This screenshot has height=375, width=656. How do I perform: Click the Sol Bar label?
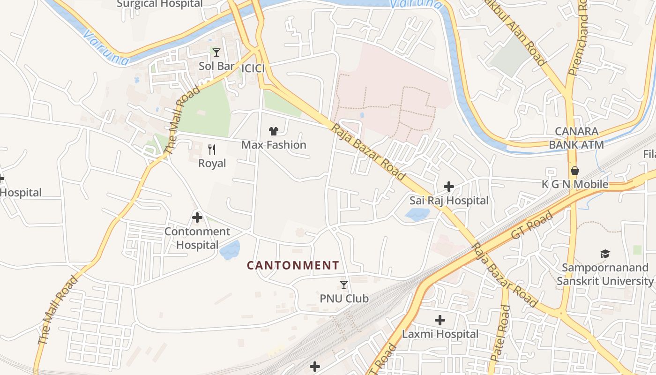(216, 66)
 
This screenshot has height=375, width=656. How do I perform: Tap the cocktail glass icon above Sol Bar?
(216, 52)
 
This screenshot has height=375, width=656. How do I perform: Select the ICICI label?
(253, 68)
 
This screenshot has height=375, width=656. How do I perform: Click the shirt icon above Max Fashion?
(274, 131)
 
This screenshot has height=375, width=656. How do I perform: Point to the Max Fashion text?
(274, 145)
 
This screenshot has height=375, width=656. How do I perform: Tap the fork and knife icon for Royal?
(212, 150)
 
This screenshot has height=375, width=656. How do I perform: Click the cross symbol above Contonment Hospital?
(197, 217)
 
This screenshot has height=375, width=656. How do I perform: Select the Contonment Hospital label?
(197, 238)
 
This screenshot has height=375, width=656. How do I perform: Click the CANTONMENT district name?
(293, 265)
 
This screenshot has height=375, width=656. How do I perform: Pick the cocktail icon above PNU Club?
(344, 285)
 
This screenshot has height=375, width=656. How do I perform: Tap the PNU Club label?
(344, 298)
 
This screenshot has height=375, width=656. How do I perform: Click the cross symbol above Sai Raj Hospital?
(449, 187)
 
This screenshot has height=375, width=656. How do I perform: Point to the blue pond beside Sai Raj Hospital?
(417, 215)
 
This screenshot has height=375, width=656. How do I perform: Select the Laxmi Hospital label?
(440, 334)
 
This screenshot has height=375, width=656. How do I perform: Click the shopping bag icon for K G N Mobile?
(575, 171)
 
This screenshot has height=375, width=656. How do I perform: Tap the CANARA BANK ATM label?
(576, 138)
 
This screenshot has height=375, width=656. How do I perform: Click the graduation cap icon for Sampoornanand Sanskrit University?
(605, 254)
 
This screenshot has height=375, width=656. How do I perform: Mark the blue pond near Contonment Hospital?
(230, 250)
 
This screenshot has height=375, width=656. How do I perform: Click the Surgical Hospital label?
(159, 4)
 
